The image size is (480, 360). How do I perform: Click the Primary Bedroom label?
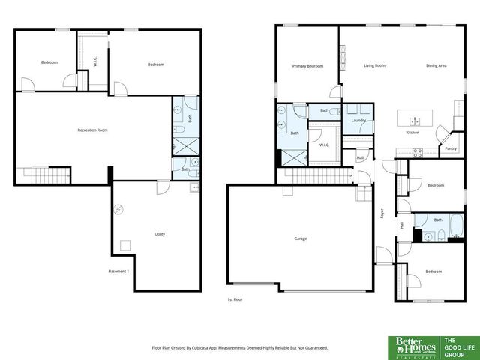click(x=307, y=66)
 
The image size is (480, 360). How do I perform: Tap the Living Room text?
click(x=375, y=66)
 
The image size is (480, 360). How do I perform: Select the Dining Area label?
click(x=436, y=66)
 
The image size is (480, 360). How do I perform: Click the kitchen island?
click(x=411, y=119)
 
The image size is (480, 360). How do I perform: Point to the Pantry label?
click(x=451, y=148)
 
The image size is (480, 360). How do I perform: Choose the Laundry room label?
click(x=358, y=120)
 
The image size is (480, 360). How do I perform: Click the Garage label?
click(x=300, y=238)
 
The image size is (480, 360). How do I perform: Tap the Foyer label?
click(x=382, y=213)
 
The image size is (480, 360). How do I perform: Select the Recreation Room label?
click(x=92, y=130)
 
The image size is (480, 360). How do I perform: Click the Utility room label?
click(x=160, y=234)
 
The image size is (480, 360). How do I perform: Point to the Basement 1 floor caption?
click(x=119, y=271)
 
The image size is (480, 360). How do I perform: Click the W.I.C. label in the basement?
click(x=95, y=63)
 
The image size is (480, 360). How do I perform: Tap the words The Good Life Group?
click(x=457, y=346)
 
